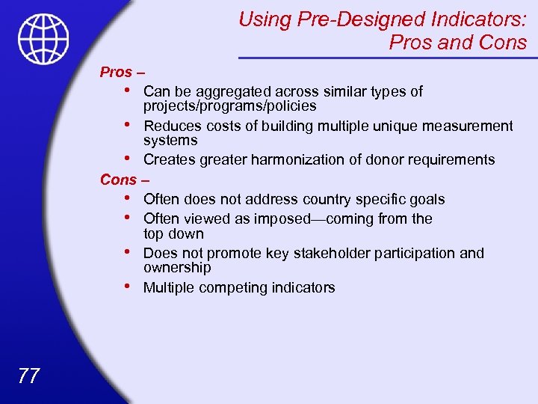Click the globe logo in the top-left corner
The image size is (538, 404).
(x=44, y=39)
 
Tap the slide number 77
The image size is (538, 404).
(x=28, y=375)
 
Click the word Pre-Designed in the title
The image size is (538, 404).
(x=340, y=19)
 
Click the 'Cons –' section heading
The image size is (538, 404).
(x=125, y=180)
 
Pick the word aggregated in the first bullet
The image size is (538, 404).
(x=229, y=92)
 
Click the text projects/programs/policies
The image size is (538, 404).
(x=229, y=106)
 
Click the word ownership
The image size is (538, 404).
(x=177, y=268)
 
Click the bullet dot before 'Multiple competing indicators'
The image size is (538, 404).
(x=130, y=286)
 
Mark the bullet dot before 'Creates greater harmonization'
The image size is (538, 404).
(x=130, y=158)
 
